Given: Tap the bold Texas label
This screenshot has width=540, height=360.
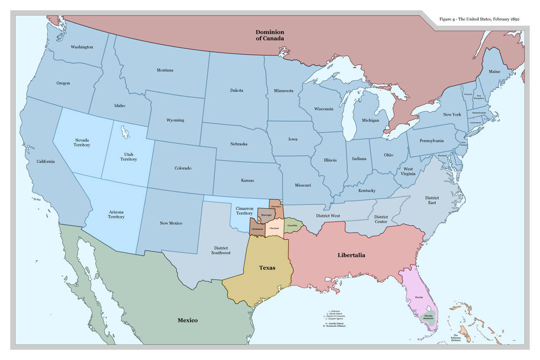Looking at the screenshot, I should coord(267,268).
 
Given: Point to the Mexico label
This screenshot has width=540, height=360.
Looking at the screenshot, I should coord(187,320).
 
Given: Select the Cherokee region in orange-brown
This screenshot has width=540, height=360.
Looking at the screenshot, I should coord(276,207).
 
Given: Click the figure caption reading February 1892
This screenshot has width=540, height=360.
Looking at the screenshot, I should coord(479,19).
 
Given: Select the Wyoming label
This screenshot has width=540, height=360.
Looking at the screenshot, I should coord(175,120).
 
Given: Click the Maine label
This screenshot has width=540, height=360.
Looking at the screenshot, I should coord(495,72).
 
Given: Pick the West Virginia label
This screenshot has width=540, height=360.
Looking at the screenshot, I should coord(408,171).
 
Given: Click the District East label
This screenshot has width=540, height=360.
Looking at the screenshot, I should coord(432,200).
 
